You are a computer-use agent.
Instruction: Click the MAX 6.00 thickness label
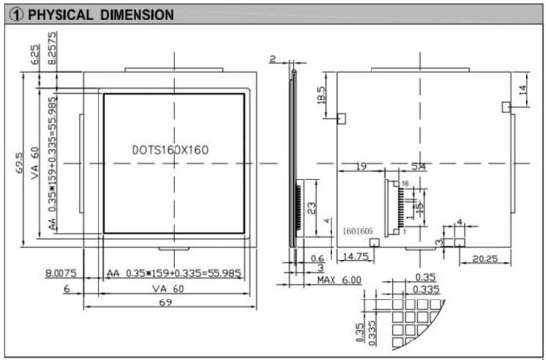pyautogui.click(x=337, y=280)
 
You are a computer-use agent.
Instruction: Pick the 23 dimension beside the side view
pyautogui.click(x=310, y=208)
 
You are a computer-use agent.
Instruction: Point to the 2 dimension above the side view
pyautogui.click(x=274, y=60)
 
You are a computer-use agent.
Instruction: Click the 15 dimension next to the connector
pyautogui.click(x=420, y=208)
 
